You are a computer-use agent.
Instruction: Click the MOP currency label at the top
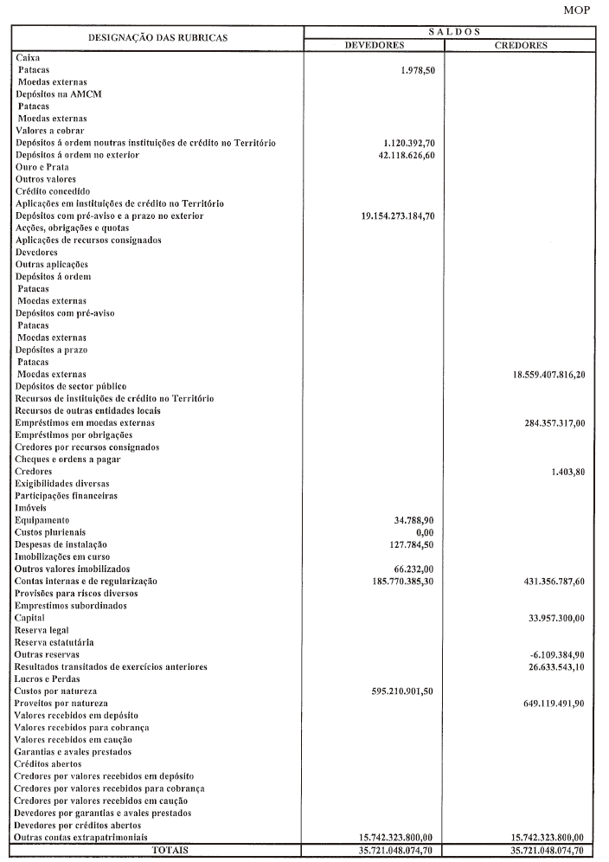[x=576, y=10]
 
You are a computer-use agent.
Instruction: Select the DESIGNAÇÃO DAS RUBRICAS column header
[x=157, y=38]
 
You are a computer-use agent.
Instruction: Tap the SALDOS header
[x=454, y=31]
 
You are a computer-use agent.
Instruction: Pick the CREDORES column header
[x=521, y=45]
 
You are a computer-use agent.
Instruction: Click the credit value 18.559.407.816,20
[x=549, y=375]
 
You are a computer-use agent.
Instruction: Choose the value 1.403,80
[x=568, y=472]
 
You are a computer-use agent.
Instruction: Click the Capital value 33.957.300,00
[x=556, y=618]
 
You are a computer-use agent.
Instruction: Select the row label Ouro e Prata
[x=42, y=167]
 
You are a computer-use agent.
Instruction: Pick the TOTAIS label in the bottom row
[x=170, y=851]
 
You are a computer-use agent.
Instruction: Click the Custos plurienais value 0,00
[x=424, y=532]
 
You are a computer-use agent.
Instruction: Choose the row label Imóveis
[x=30, y=508]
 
